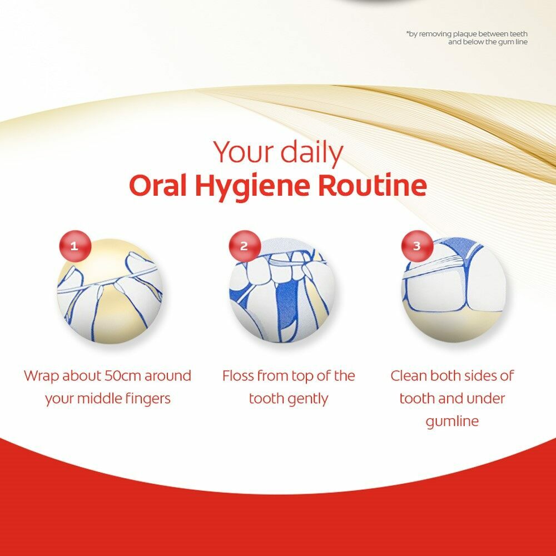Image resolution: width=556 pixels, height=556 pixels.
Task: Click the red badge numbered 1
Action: pos(75,246)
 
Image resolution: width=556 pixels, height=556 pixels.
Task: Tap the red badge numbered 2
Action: pos(245,246)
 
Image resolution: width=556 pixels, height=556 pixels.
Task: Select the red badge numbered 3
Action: pos(417,246)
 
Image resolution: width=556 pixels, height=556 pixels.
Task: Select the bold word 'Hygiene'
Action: pos(252,188)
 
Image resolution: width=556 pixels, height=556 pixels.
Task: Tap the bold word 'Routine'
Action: pos(373,185)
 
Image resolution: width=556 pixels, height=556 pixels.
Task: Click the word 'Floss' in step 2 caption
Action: pos(237,375)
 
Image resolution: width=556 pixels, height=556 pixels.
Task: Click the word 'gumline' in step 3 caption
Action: pos(452,421)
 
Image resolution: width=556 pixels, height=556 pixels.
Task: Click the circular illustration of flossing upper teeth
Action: pos(282,291)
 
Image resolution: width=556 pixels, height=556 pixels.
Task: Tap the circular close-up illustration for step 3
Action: pos(454,291)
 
